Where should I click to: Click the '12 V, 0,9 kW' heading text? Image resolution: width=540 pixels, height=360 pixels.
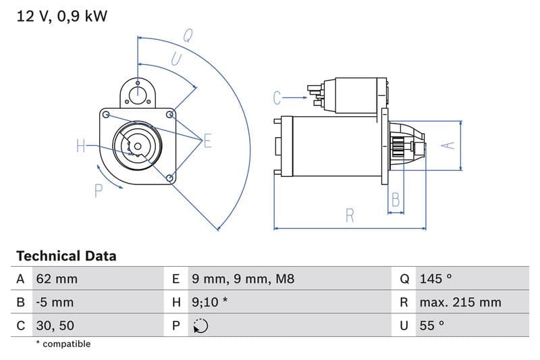(x=61, y=17)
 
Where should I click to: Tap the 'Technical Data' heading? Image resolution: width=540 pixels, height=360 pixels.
(x=66, y=256)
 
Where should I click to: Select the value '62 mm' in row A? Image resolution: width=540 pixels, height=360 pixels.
(x=57, y=279)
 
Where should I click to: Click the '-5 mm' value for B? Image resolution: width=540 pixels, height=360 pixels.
(x=55, y=302)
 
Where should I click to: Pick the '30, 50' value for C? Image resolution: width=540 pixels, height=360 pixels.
(x=55, y=325)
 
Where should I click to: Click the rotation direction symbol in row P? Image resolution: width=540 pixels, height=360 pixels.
(x=200, y=326)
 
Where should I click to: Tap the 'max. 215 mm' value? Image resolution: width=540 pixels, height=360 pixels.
(x=460, y=302)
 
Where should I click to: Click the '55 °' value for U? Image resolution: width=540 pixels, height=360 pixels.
(x=433, y=325)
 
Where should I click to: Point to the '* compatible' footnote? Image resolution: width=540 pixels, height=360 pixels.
(x=63, y=344)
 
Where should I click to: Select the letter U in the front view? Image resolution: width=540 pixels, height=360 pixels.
(x=176, y=59)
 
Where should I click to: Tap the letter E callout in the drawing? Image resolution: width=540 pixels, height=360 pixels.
(x=207, y=141)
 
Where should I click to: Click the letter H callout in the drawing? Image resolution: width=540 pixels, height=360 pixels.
(x=80, y=145)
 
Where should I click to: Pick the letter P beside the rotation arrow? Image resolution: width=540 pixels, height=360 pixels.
(x=98, y=191)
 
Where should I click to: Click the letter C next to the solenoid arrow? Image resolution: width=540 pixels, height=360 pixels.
(x=277, y=99)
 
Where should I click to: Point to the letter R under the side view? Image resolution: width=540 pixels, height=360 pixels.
(x=350, y=215)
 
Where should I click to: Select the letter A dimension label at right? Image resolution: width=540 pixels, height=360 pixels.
(x=446, y=145)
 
